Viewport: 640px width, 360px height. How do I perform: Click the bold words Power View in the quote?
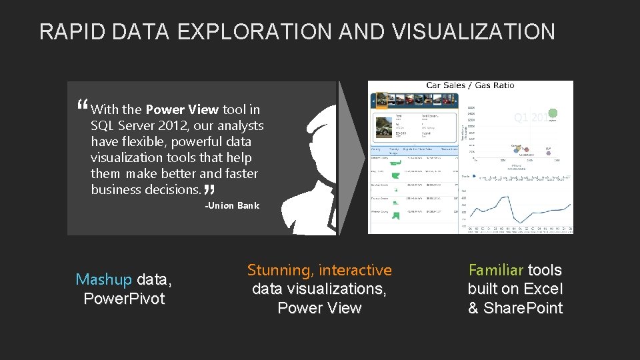pos(181,109)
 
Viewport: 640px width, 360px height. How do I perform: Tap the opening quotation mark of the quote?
pos(82,105)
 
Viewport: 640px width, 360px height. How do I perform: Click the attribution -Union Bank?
pos(231,205)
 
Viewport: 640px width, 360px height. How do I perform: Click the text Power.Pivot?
pos(124,299)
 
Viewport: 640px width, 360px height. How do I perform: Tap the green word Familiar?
pos(495,270)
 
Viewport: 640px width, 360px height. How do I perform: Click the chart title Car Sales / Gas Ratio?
pos(470,85)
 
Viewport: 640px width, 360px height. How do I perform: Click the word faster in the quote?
pos(238,173)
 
